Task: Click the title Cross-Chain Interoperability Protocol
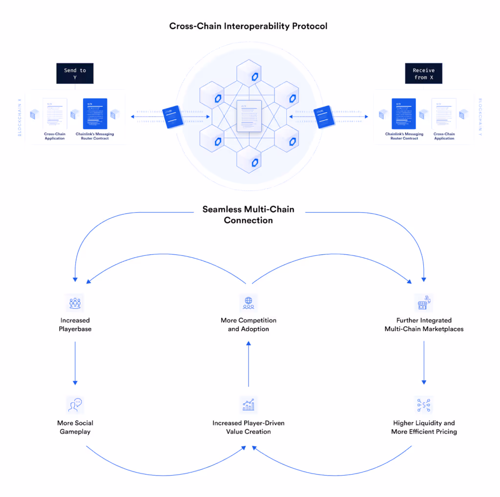tap(249, 26)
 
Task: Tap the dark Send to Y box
tap(75, 74)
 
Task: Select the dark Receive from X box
tap(423, 74)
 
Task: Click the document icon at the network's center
tap(249, 116)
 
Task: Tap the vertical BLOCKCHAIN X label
tap(20, 117)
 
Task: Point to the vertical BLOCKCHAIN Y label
tap(480, 117)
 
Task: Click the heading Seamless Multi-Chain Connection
tap(249, 215)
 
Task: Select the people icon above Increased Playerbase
tap(75, 303)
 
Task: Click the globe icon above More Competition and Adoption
tap(249, 303)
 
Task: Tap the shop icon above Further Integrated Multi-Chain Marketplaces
tap(423, 303)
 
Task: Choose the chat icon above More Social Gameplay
tap(75, 405)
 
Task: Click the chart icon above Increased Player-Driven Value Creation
tap(249, 405)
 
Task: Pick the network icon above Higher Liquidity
tap(423, 405)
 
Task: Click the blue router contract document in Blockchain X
tap(95, 114)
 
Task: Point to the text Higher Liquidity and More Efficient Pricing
tap(424, 427)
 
